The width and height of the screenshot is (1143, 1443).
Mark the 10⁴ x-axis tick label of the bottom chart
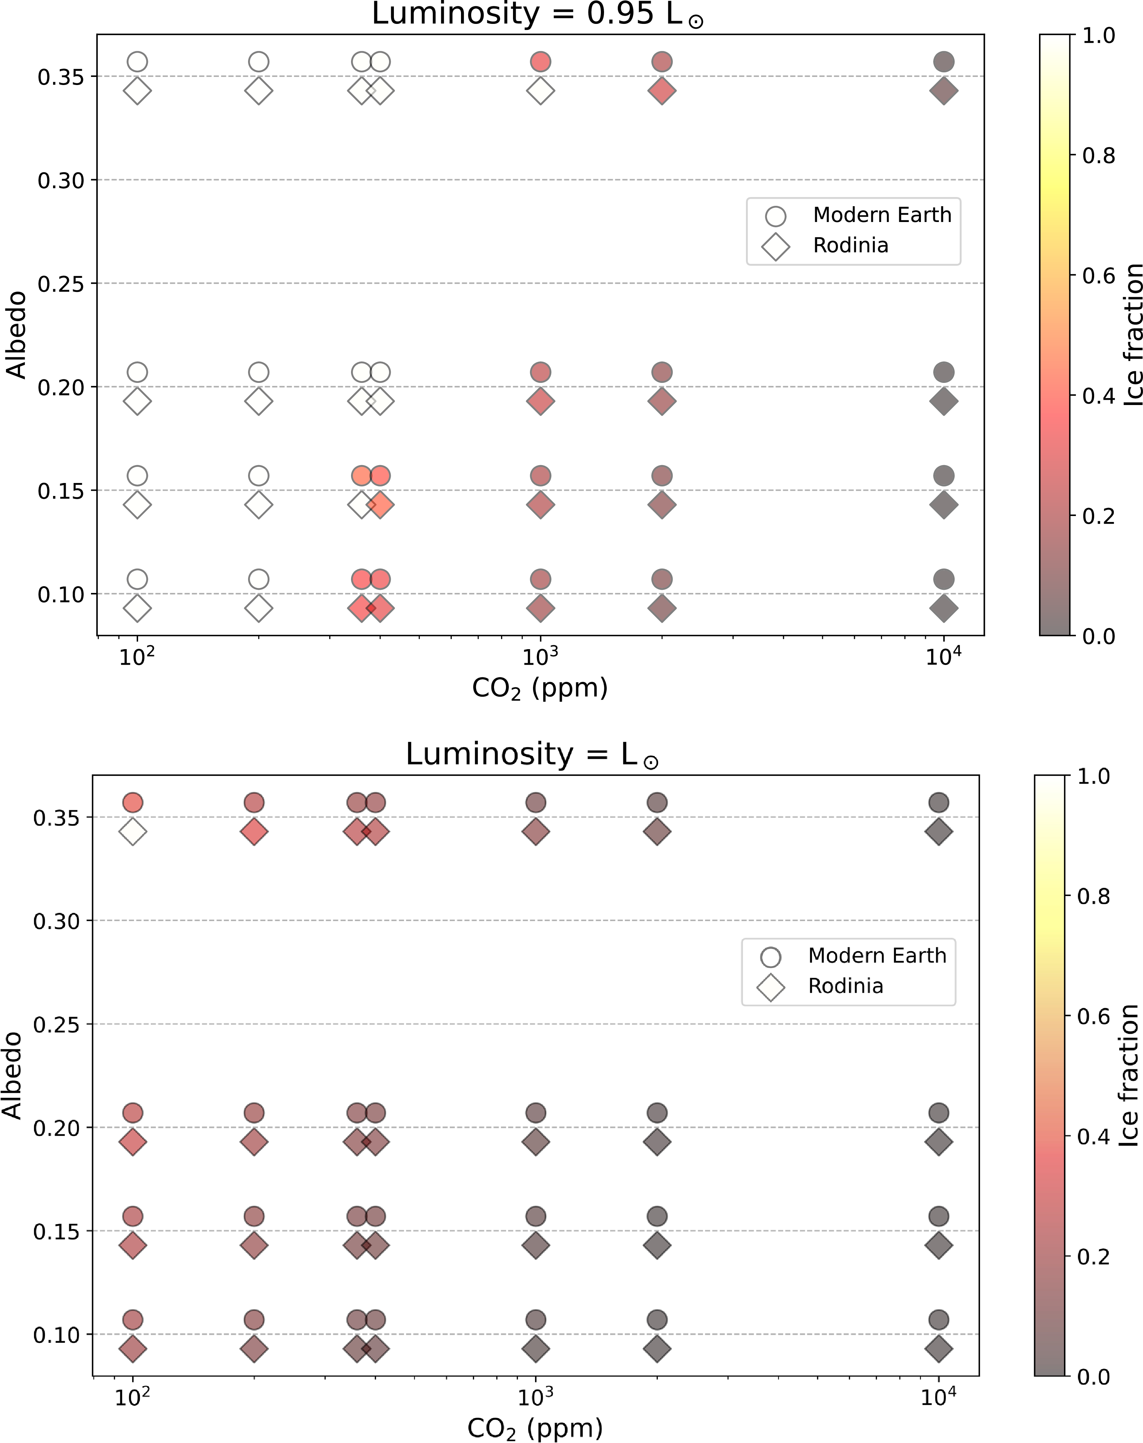(x=939, y=1397)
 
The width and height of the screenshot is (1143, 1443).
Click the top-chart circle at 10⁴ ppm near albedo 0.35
(x=943, y=61)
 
